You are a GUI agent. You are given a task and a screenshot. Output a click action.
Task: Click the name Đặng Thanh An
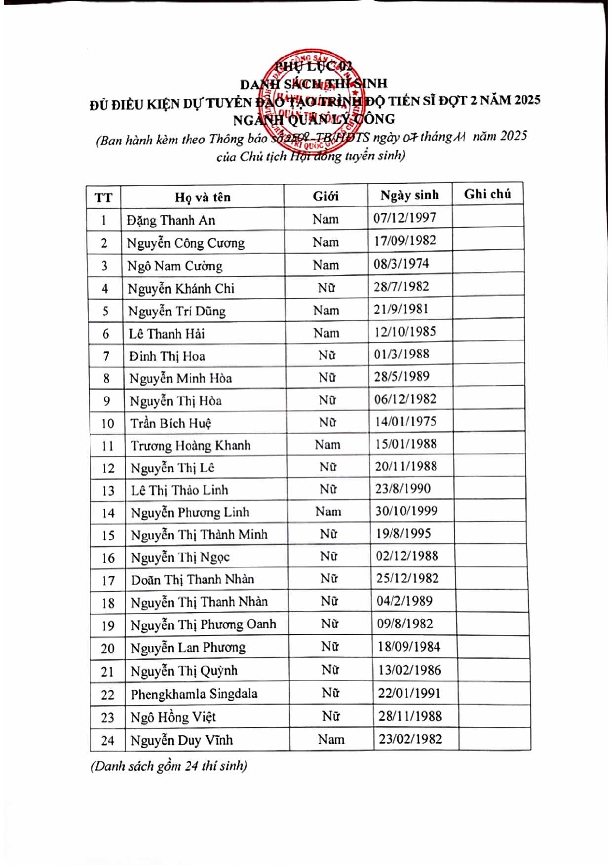(171, 220)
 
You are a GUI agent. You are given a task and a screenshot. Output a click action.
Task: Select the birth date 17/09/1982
(405, 240)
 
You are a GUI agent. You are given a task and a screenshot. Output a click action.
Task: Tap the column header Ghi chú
(487, 194)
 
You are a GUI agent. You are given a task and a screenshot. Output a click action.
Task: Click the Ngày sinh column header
(409, 195)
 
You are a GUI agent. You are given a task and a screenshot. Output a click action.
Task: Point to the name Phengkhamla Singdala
(194, 694)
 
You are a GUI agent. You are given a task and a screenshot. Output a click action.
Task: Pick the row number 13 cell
(108, 491)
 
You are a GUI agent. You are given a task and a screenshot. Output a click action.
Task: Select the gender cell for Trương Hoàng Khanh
(328, 445)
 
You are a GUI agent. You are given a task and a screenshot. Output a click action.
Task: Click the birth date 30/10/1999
(406, 511)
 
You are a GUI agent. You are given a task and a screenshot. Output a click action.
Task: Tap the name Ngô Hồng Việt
(173, 717)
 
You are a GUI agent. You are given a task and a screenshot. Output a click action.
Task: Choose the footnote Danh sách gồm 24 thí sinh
(169, 766)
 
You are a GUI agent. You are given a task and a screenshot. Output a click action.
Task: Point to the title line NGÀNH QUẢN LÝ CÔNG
(314, 119)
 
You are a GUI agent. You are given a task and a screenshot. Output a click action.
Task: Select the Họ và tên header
(202, 197)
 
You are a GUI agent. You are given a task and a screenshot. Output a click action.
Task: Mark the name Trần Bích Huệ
(171, 423)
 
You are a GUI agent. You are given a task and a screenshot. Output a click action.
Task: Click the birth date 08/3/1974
(401, 263)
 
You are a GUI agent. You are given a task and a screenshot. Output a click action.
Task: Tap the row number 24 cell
(108, 741)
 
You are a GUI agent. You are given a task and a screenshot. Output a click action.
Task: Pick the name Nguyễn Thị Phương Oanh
(203, 625)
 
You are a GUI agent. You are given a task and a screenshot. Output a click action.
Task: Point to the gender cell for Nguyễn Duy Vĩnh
(331, 739)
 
